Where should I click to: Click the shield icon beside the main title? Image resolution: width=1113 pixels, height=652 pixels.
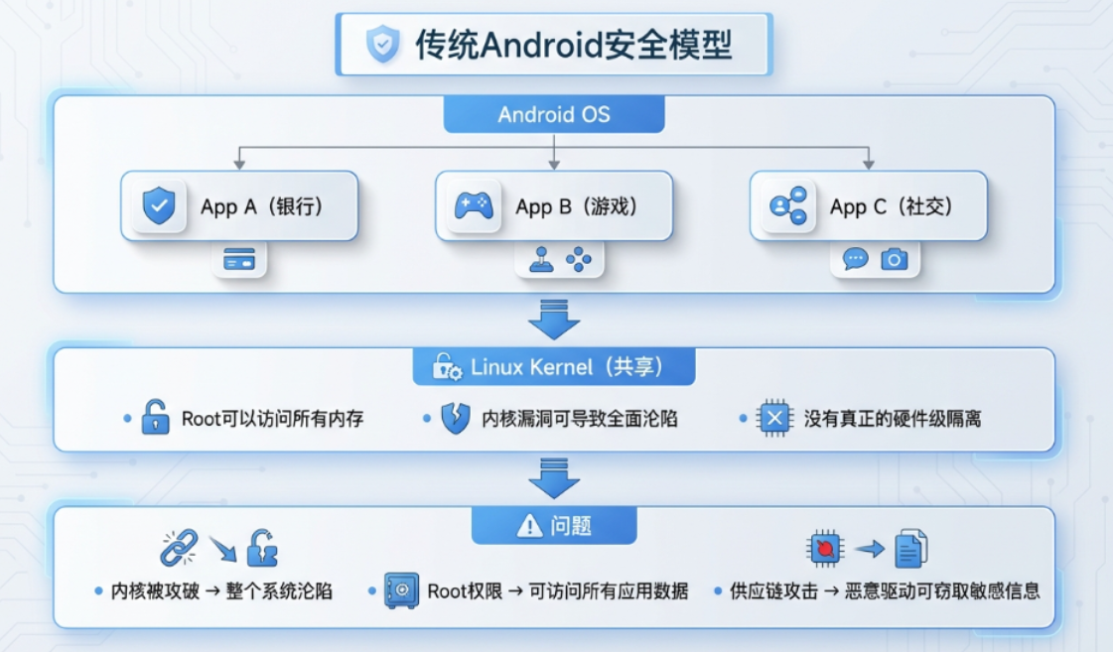tap(382, 45)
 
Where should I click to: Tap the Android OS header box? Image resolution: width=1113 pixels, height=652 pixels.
tap(553, 114)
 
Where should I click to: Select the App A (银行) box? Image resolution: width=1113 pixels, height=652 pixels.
tap(239, 206)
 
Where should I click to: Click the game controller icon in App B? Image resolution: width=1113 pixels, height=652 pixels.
tap(474, 206)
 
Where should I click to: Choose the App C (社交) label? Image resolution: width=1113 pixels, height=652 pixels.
tap(891, 206)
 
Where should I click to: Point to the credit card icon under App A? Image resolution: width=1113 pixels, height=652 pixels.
tap(239, 261)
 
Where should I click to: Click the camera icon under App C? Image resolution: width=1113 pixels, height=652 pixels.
tap(895, 260)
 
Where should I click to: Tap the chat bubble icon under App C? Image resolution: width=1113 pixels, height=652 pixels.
tap(855, 260)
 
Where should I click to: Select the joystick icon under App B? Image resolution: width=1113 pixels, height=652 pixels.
tap(540, 260)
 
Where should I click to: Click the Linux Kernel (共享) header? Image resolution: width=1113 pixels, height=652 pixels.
tap(553, 367)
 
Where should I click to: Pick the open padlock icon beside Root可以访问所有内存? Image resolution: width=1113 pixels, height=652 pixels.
tap(155, 418)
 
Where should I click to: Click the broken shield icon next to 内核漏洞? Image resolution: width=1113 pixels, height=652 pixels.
tap(455, 418)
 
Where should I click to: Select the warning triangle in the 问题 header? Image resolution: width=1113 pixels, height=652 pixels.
tap(530, 526)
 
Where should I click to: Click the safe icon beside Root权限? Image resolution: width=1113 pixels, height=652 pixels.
tap(401, 590)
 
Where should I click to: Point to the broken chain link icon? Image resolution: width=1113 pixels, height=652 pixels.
tap(179, 548)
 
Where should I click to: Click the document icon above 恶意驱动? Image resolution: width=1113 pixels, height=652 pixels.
tap(910, 548)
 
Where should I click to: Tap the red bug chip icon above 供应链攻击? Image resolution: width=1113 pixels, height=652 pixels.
tap(825, 548)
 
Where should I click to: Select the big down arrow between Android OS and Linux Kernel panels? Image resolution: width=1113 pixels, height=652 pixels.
tap(553, 318)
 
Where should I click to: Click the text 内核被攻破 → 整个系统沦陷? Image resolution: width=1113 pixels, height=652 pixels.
tap(220, 591)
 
